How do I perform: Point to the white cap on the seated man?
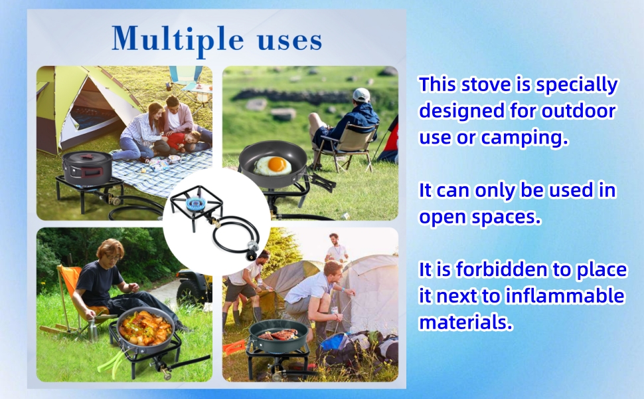[x=361, y=95]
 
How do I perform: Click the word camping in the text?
[x=524, y=138]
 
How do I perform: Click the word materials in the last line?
[x=466, y=323]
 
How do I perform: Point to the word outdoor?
[x=578, y=111]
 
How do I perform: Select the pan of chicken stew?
[x=145, y=329]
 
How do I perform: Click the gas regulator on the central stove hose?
[x=252, y=249]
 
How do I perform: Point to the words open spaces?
[x=480, y=217]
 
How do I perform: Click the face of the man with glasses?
[x=111, y=259]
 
